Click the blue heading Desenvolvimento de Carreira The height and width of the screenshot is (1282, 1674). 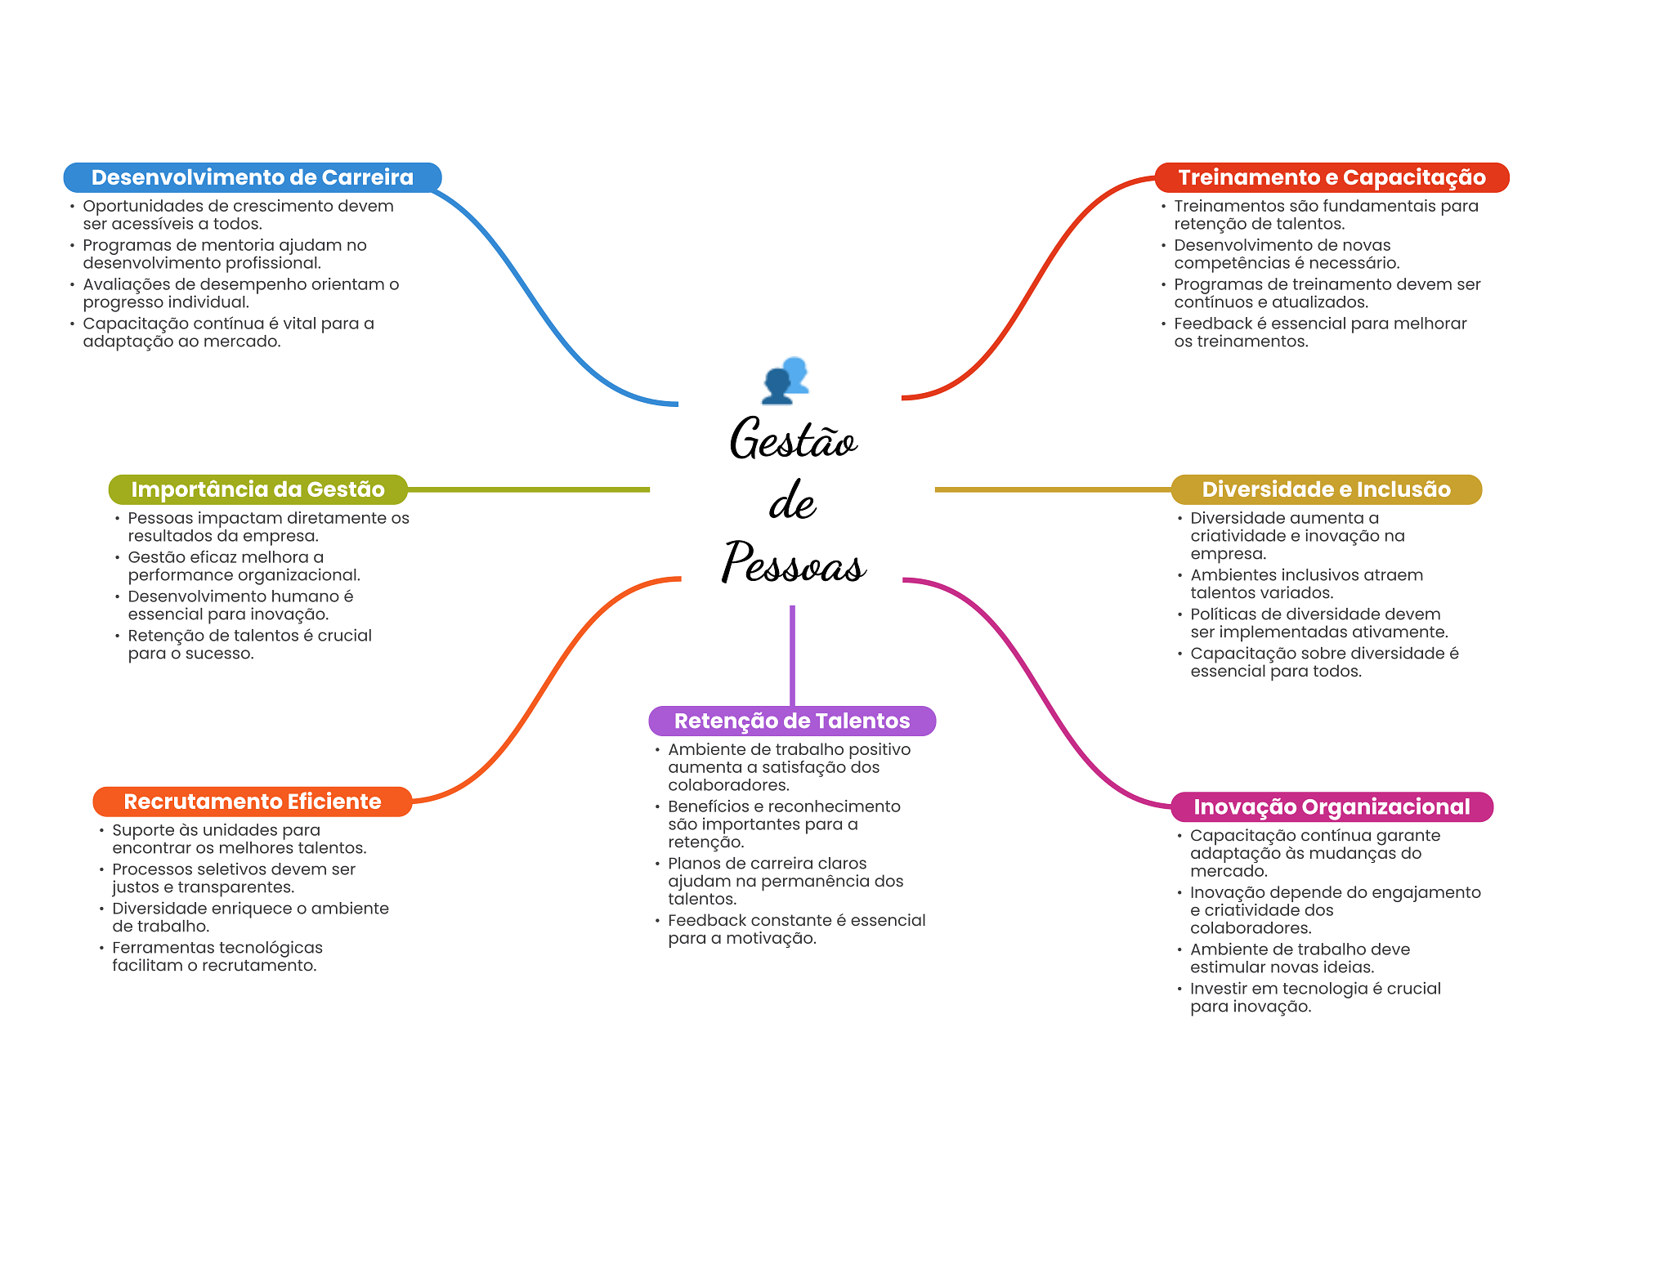(x=253, y=177)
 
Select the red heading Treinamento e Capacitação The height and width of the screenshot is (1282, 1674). (x=1332, y=177)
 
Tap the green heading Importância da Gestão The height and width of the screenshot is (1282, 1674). (x=258, y=489)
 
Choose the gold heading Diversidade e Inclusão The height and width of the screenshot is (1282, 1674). (x=1327, y=489)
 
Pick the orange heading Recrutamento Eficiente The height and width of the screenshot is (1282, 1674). (x=253, y=802)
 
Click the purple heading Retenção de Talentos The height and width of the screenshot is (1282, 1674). (x=792, y=721)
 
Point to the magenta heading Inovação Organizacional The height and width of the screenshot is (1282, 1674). (x=1332, y=807)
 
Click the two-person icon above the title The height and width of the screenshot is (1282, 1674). (x=786, y=380)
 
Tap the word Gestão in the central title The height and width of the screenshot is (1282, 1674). (x=793, y=438)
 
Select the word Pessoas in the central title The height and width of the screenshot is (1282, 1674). (x=793, y=563)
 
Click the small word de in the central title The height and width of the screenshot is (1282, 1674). (x=792, y=500)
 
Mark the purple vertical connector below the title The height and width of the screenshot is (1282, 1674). (x=792, y=656)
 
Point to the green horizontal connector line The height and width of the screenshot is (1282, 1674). (x=529, y=489)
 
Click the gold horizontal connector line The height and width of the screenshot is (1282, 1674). (x=1054, y=489)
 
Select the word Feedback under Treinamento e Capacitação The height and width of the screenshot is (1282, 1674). (x=1213, y=324)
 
